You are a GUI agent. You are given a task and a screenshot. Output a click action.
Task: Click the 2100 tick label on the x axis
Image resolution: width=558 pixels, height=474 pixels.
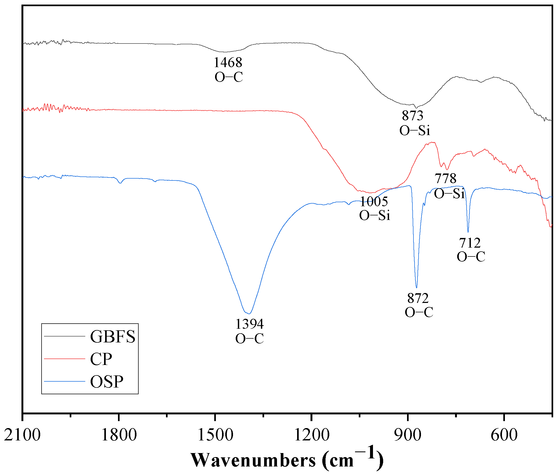[x=23, y=435]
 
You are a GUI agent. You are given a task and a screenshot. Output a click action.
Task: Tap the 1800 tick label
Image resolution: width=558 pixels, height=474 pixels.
[x=119, y=435]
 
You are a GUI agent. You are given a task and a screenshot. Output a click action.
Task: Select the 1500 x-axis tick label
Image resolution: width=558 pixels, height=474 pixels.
[x=215, y=435]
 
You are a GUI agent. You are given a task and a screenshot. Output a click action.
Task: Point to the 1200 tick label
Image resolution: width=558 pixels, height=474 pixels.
[x=312, y=435]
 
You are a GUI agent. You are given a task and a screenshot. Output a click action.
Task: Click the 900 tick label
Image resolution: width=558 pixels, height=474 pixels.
[x=408, y=435]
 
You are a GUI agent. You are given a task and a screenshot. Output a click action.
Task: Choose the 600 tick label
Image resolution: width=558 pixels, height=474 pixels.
[x=504, y=435]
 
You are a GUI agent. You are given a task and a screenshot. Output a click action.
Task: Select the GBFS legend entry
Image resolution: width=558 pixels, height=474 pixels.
[x=113, y=336]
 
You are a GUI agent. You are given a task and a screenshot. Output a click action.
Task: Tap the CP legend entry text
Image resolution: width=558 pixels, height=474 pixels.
[x=101, y=359]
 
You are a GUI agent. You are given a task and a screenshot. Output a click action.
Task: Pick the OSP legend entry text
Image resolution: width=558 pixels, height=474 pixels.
[x=107, y=382]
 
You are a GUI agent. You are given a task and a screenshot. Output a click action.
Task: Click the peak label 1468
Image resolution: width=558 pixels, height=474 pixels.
[x=228, y=62]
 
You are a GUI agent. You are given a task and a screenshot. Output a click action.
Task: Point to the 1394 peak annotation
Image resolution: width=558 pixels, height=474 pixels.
[x=249, y=324]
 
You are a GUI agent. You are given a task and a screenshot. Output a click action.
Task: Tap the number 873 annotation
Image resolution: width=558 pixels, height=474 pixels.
[x=412, y=115]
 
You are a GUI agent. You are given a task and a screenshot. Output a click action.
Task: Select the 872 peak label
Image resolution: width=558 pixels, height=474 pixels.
[x=418, y=298]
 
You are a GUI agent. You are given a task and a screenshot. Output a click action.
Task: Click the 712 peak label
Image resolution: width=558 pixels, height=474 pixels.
[x=470, y=243]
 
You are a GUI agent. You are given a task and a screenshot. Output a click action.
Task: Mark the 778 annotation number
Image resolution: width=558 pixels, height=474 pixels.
[x=445, y=178]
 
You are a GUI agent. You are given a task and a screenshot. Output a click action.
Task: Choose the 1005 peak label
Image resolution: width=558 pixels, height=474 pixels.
[x=374, y=201]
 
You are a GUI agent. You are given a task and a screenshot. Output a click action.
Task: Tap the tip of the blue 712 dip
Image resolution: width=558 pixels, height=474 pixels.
[x=468, y=232]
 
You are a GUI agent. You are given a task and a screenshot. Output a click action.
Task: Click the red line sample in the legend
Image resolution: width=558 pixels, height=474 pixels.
[x=64, y=359]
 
